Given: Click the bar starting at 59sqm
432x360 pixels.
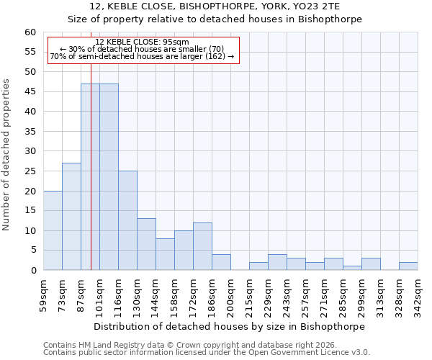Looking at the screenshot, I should (x=53, y=230).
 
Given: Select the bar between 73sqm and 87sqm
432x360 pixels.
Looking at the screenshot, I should (x=71, y=216).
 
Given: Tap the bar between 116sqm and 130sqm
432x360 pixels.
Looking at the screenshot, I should (x=127, y=220).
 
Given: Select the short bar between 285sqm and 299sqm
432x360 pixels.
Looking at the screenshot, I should (x=352, y=268).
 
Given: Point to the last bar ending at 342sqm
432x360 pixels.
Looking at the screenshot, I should (x=408, y=266).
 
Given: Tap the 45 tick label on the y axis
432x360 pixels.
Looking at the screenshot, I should (x=30, y=91).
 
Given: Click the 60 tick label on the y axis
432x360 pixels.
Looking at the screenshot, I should (x=30, y=32).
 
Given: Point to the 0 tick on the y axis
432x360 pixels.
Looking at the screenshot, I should (x=33, y=270).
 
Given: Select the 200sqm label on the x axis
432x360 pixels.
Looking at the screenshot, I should (x=230, y=294).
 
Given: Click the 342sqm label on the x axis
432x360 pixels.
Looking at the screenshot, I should (x=418, y=294).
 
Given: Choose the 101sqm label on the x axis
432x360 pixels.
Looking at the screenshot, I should (x=99, y=294).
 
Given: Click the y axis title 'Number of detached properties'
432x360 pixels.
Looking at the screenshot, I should (x=7, y=155).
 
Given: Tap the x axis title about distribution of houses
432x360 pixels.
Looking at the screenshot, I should (x=230, y=326).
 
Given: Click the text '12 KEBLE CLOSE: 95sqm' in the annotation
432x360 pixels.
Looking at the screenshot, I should (x=142, y=42).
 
